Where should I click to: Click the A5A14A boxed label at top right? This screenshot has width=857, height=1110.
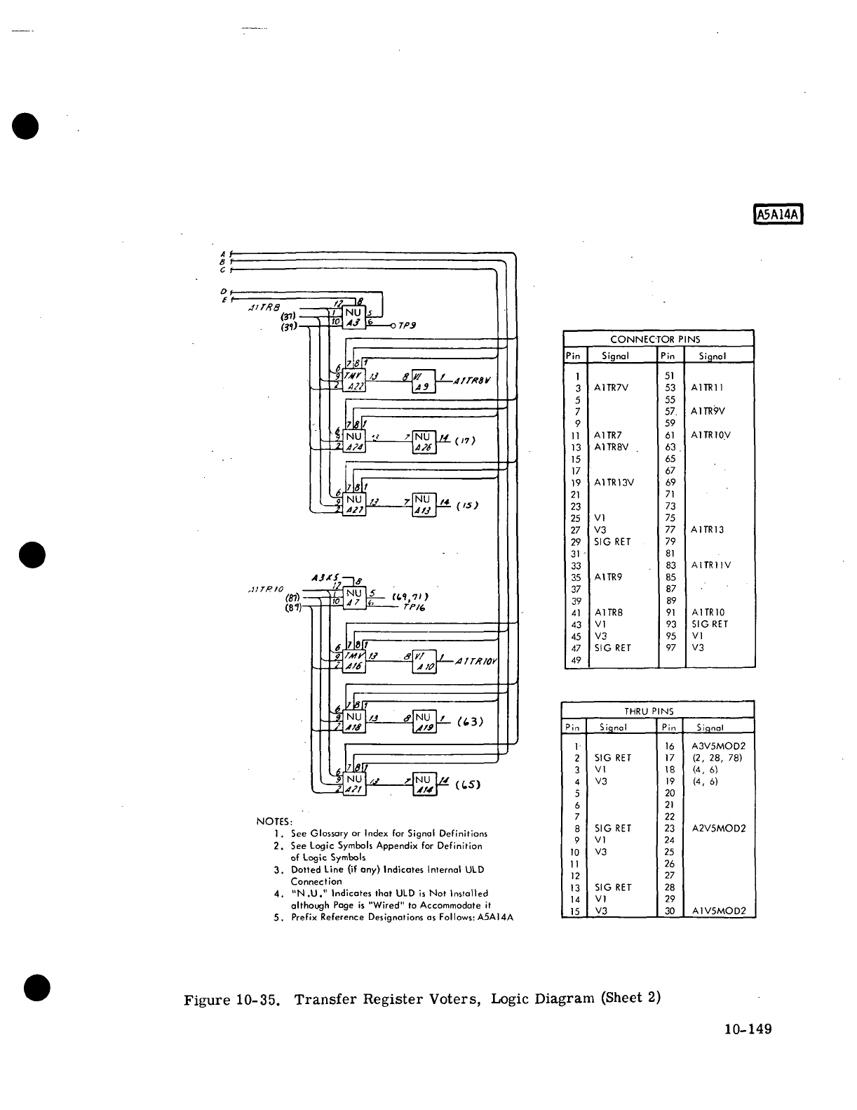tap(778, 213)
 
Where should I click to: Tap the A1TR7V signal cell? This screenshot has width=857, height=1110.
tap(612, 387)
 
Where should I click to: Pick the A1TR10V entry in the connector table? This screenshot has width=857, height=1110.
tap(710, 435)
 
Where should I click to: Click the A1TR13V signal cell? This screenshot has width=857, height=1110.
tap(614, 483)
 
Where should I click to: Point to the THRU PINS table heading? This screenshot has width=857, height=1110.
tap(658, 711)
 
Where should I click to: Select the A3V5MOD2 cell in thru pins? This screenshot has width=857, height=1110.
tap(718, 747)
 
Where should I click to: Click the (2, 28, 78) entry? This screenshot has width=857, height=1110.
tap(716, 758)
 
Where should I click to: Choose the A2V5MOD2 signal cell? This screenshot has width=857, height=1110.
tap(718, 829)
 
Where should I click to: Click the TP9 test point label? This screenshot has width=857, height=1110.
tap(407, 326)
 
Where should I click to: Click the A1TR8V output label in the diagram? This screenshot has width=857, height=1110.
tap(472, 381)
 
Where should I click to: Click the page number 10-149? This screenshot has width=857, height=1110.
tap(748, 1029)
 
